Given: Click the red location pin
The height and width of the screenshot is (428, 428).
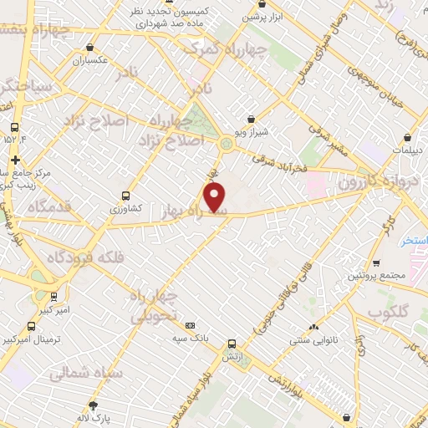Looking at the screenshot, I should coord(216,198).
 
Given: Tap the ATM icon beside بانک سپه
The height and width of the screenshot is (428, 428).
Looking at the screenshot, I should coord(191,325).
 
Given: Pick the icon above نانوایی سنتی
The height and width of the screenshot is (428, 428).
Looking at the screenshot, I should coord(314,327).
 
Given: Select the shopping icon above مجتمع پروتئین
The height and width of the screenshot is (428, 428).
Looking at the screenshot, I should coord(376,262).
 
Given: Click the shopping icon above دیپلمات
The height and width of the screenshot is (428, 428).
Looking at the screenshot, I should coord(407,136).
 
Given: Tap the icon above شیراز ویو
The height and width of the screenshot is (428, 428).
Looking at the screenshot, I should coord(252,118).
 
